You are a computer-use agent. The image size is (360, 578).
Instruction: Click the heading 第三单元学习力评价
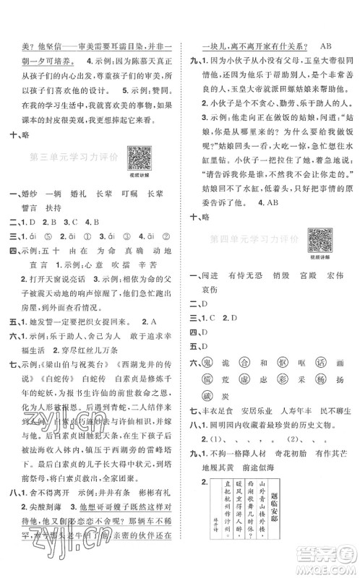[74, 157]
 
